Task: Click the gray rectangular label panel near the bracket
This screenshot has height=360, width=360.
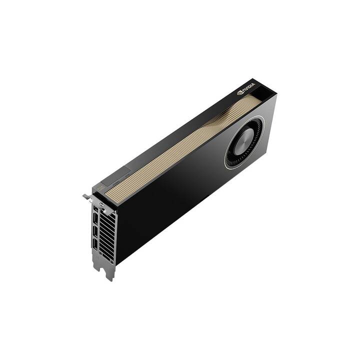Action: pyautogui.click(x=120, y=174)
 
